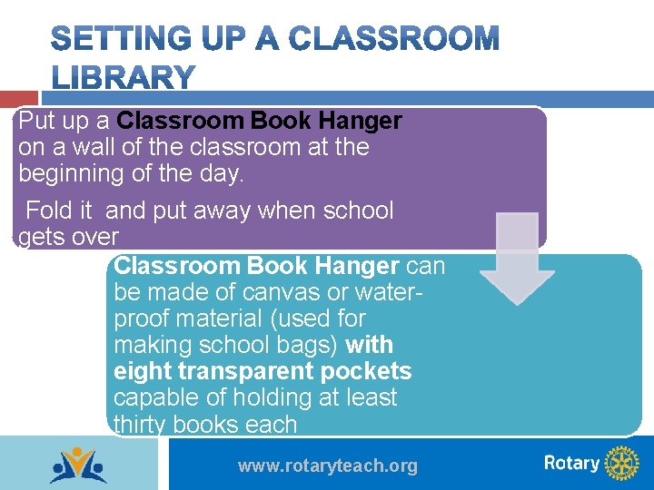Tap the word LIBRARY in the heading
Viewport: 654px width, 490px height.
[x=123, y=78]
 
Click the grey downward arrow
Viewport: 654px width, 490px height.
[x=517, y=260]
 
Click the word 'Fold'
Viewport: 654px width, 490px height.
[x=48, y=211]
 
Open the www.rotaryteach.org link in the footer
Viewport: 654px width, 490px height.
[x=327, y=466]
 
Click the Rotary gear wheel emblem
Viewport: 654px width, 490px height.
[x=622, y=464]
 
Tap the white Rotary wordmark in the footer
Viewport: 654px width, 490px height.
[x=571, y=464]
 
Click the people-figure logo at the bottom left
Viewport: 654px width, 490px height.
[x=78, y=465]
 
